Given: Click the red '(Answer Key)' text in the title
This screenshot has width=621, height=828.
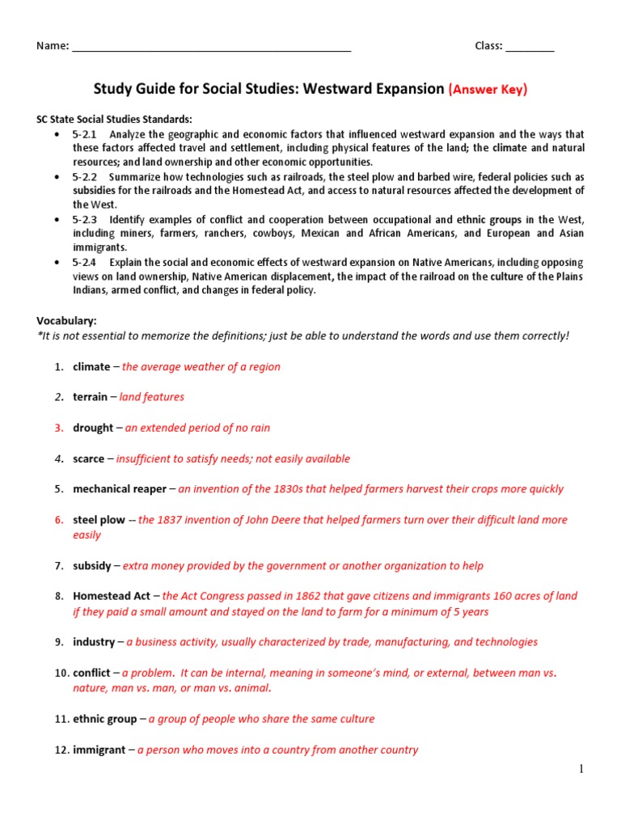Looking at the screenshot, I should (x=488, y=89).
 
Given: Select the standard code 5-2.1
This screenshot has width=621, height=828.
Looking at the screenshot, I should (x=85, y=134).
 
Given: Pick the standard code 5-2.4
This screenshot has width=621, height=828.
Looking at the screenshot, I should (x=85, y=263).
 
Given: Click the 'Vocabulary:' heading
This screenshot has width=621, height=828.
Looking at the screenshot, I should (x=67, y=320).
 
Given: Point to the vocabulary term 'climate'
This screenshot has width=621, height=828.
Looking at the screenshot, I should (x=91, y=366).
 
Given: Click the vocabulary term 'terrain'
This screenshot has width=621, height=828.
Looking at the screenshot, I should (x=90, y=397).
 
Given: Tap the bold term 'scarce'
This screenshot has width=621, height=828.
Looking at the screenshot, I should (x=88, y=458).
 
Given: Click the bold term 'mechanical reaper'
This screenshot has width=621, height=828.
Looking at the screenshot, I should (x=120, y=489).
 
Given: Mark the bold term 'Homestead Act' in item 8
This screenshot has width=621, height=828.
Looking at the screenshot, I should (x=112, y=597).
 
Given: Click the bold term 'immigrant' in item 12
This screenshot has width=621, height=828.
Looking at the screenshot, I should (x=99, y=750).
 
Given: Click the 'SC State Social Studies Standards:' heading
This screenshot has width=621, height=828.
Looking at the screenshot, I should (x=114, y=119).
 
